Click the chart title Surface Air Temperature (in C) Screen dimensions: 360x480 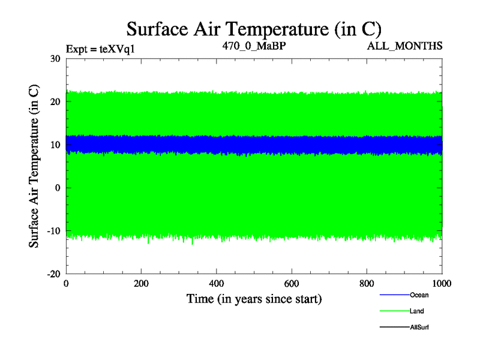(x=254, y=29)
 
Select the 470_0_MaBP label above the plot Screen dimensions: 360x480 (x=253, y=46)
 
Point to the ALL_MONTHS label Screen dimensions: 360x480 (x=405, y=46)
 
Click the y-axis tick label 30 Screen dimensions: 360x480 (x=56, y=59)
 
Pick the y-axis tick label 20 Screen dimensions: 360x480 (x=56, y=102)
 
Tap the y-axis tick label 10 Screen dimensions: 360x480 (x=56, y=145)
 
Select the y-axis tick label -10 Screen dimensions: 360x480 (x=54, y=231)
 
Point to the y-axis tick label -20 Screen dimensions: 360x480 (x=54, y=274)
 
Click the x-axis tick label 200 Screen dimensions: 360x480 (x=141, y=284)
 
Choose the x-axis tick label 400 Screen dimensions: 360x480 (x=216, y=284)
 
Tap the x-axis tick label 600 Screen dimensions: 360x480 (x=292, y=284)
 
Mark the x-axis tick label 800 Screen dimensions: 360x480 (x=367, y=284)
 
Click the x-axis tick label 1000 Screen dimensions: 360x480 (x=442, y=284)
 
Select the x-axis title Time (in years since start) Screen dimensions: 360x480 (x=254, y=298)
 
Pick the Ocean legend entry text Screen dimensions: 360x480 (x=419, y=295)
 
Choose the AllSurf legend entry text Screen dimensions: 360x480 (x=419, y=327)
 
